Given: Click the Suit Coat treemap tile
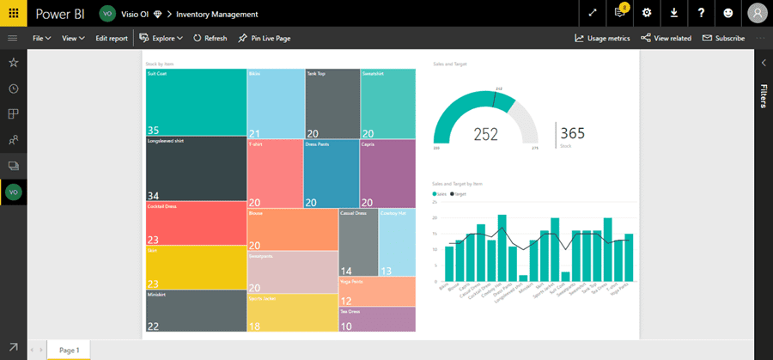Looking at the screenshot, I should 196,102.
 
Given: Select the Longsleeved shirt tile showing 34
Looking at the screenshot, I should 196,168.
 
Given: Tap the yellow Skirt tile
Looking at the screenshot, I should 196,267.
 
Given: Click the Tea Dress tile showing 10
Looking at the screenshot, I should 377,319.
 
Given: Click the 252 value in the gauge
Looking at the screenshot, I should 485,134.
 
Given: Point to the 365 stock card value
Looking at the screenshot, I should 572,133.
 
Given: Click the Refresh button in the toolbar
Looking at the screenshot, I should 210,39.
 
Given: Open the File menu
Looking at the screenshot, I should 41,39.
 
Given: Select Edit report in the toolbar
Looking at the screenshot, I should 112,39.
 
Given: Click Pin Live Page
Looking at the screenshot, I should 265,39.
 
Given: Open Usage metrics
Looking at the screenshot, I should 603,39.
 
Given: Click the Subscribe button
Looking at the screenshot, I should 723,39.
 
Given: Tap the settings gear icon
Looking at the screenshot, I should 647,13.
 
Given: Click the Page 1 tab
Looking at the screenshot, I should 69,351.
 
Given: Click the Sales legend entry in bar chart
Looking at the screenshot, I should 441,195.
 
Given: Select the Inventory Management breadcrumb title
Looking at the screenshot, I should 216,14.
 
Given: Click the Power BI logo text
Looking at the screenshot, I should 59,14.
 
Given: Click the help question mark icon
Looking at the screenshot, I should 702,13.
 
